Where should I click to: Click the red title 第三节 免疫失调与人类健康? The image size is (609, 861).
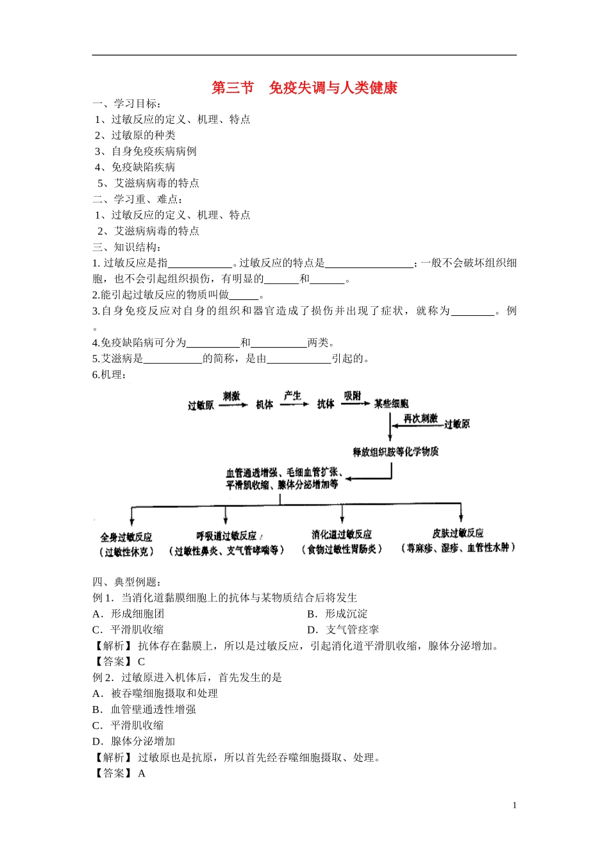(304, 88)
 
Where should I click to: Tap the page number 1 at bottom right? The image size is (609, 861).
(514, 805)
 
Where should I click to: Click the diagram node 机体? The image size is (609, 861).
(264, 404)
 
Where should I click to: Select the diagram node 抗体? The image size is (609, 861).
(326, 404)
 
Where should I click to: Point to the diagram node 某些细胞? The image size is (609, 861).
(391, 404)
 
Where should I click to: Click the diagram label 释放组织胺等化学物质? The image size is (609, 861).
(396, 452)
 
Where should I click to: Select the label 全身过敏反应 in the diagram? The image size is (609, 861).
(126, 537)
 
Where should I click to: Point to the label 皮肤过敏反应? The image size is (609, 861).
(458, 533)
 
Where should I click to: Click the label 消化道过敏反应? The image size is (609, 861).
(342, 534)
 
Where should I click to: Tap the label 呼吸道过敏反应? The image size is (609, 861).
(228, 536)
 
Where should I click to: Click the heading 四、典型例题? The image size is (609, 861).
(126, 582)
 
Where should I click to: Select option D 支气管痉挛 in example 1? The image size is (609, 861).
(343, 630)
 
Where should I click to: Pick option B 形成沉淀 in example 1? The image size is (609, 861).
(338, 614)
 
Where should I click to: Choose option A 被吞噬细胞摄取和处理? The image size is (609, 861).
(155, 693)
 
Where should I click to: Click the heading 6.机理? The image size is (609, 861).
(109, 375)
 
